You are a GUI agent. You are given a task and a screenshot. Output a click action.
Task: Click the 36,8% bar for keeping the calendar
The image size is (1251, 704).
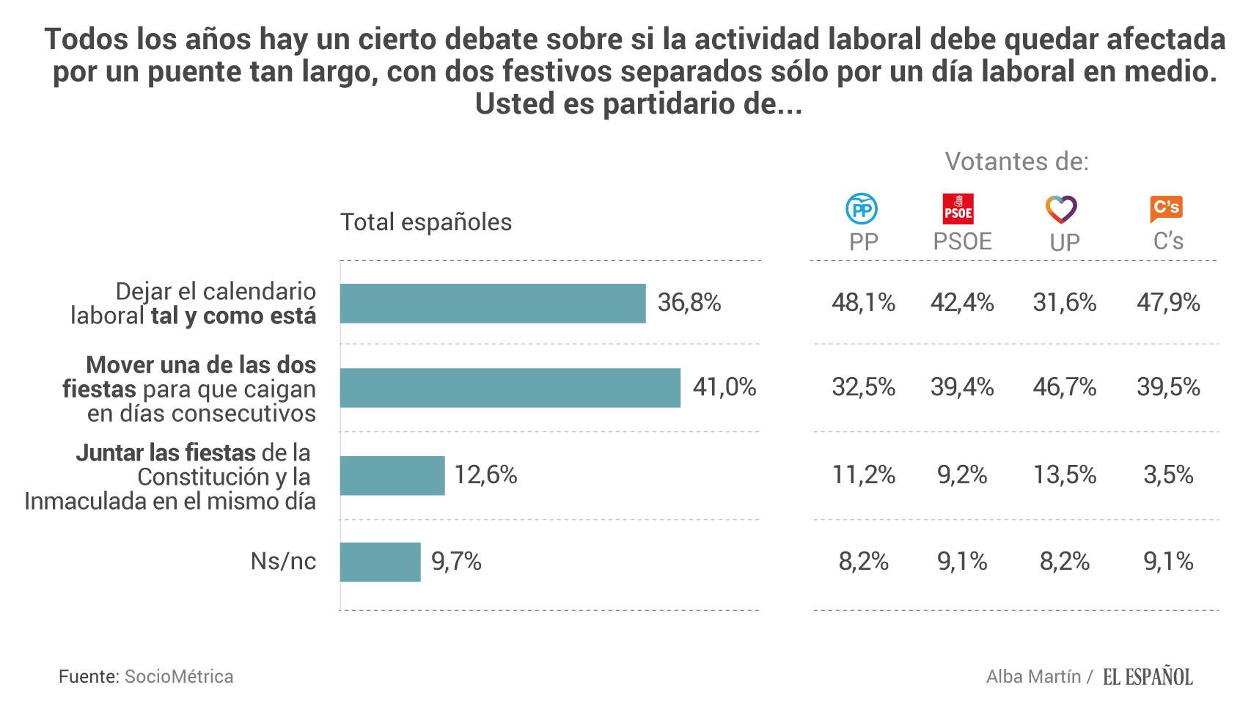[493, 303]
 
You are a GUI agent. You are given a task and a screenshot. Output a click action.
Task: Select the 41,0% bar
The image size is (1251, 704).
[510, 388]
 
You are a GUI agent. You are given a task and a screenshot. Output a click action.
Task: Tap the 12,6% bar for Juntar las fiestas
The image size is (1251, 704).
[392, 475]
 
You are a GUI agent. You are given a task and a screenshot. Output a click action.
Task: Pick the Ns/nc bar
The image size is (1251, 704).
[381, 562]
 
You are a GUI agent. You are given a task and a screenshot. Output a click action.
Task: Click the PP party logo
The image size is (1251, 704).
[862, 210]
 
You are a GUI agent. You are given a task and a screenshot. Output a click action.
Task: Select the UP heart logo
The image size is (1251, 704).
[1061, 210]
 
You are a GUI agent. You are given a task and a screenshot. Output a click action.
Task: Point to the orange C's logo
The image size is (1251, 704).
[1166, 209]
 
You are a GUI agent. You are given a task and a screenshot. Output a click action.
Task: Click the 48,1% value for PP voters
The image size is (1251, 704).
[863, 302]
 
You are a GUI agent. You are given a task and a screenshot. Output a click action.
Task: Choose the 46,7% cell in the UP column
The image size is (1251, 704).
[1064, 387]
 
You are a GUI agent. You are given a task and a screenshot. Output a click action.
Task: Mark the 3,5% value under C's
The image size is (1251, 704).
[1168, 475]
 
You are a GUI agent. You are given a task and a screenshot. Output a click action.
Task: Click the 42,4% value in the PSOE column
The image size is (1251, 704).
[962, 302]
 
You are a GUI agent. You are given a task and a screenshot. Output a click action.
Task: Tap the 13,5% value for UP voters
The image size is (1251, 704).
[1064, 475]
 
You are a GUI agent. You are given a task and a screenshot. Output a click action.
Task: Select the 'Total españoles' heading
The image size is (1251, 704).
[426, 222]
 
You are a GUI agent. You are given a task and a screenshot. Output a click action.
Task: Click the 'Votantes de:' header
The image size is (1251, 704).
[1016, 161]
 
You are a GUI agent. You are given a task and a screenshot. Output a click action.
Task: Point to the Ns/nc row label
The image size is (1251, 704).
[283, 562]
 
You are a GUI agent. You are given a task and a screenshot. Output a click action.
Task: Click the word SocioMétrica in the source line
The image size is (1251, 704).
[179, 676]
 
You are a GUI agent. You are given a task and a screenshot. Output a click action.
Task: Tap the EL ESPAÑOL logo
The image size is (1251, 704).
[1148, 677]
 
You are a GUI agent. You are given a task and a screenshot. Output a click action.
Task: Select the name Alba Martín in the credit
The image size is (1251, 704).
[1033, 676]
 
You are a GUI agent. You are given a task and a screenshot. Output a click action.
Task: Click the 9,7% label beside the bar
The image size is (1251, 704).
[456, 562]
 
